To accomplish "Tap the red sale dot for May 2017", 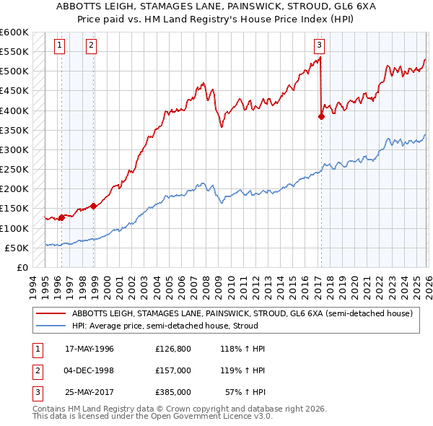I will pos(321,117).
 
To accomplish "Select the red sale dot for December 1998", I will pos(94,206).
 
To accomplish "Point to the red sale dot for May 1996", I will pos(62,217).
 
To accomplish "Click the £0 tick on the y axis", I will pos(21,267).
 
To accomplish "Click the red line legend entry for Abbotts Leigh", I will pos(242,313).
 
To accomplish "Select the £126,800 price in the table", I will pos(172,349).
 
